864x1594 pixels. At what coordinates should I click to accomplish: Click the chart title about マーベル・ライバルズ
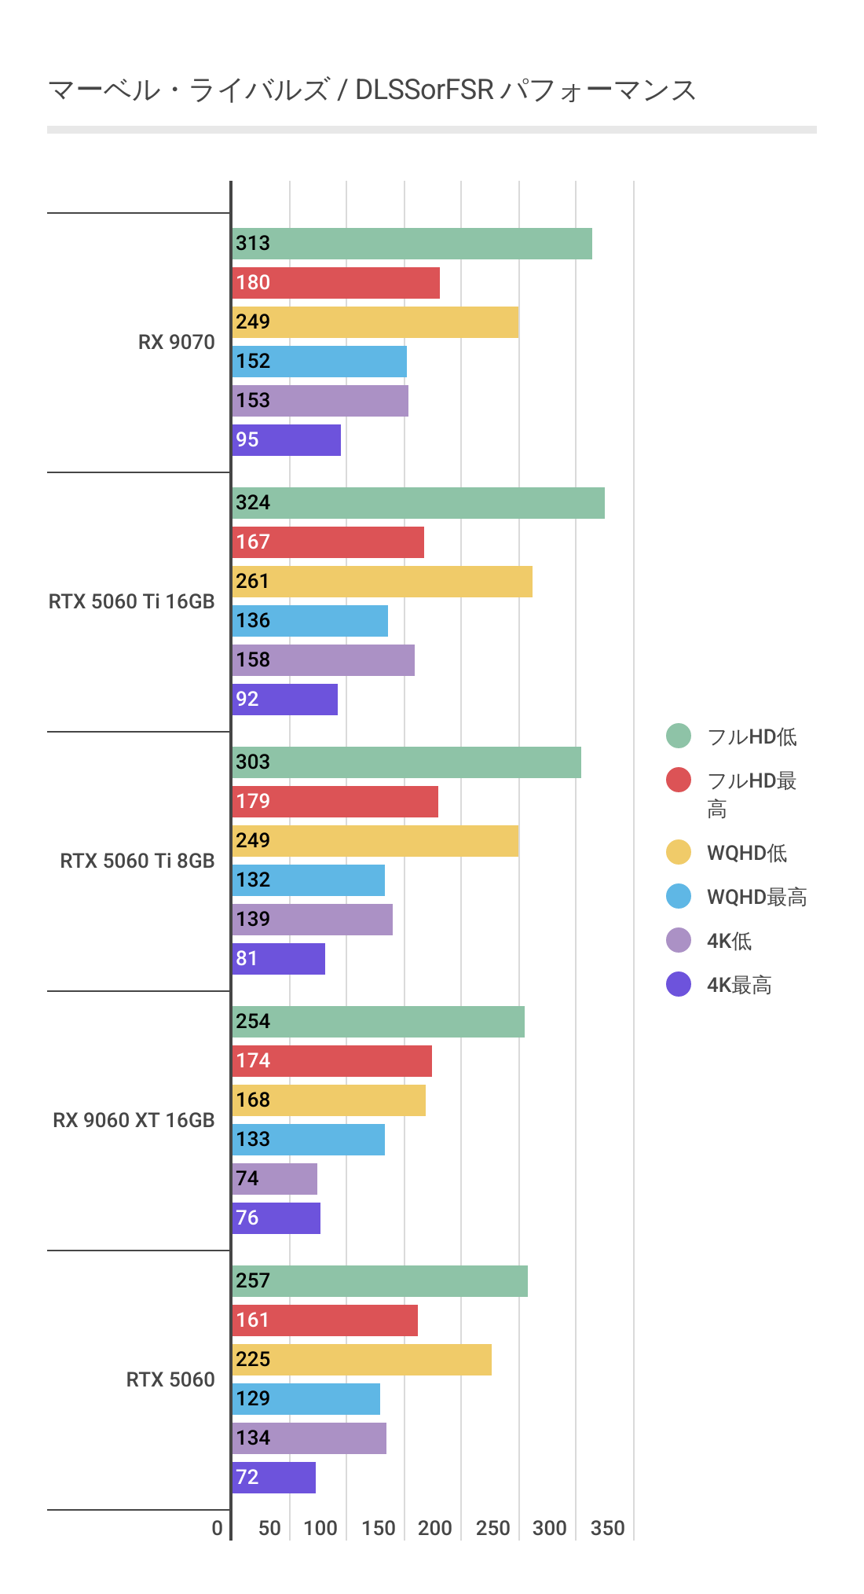[372, 90]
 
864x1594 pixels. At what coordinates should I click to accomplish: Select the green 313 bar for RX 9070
[412, 244]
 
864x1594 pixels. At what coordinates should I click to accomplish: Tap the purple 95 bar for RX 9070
[287, 440]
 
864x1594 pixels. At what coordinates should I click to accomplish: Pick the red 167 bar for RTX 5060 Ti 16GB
[328, 542]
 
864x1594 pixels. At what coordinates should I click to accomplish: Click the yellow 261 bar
[383, 582]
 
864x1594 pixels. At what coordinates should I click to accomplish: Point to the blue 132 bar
[309, 880]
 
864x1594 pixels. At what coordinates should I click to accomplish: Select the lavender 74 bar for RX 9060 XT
[275, 1179]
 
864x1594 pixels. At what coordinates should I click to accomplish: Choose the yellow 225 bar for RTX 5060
[362, 1360]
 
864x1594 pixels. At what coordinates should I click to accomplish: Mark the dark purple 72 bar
[274, 1478]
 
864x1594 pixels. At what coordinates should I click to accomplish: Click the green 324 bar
[419, 503]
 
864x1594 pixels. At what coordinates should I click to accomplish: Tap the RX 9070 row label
[176, 342]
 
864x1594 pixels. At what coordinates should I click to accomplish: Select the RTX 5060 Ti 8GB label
[137, 861]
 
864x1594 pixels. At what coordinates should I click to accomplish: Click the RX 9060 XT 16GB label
[134, 1120]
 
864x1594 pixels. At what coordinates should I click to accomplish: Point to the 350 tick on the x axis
[607, 1528]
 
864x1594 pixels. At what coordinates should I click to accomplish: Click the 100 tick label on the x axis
[320, 1528]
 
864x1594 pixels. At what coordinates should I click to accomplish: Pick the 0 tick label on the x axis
[218, 1528]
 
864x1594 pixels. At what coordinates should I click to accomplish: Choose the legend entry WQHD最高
[756, 897]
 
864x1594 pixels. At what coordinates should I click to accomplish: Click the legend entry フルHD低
[752, 736]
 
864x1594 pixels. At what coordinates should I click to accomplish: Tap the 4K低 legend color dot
[679, 940]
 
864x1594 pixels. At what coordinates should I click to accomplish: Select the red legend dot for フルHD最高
[679, 780]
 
